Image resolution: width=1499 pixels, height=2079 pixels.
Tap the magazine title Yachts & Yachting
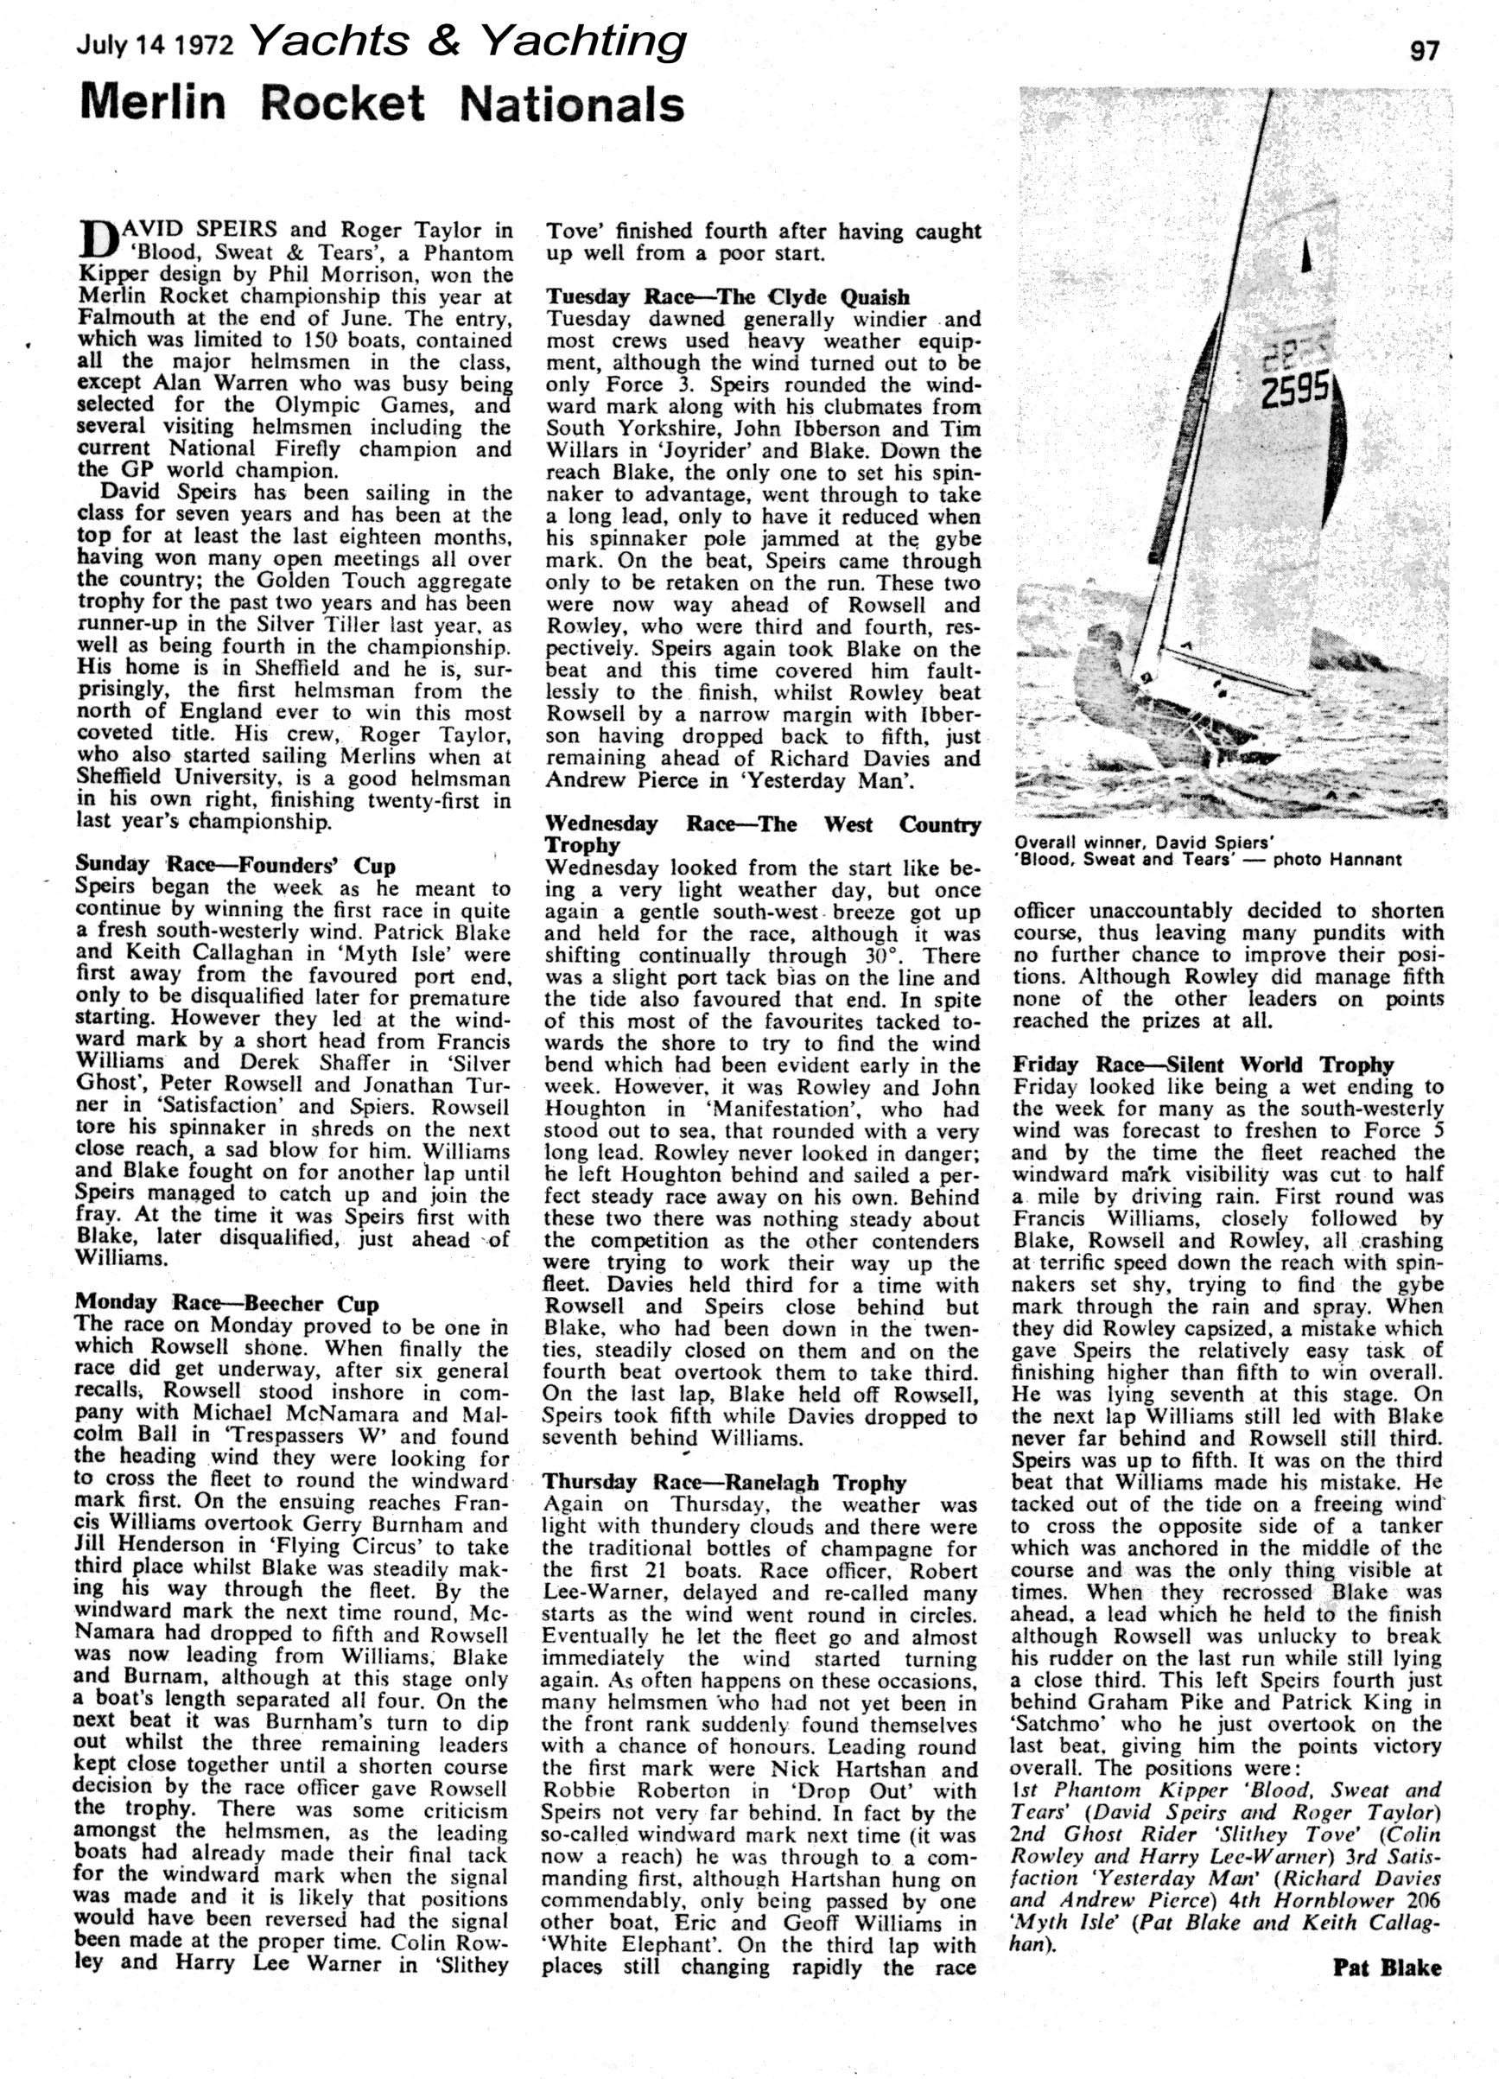pyautogui.click(x=467, y=42)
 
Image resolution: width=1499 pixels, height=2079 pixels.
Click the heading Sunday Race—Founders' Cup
pyautogui.click(x=236, y=864)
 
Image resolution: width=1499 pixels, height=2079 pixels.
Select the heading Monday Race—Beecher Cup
pyautogui.click(x=226, y=1302)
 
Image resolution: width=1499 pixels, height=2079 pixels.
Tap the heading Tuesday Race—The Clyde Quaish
pyautogui.click(x=728, y=297)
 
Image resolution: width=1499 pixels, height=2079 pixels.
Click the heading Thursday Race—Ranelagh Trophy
pyautogui.click(x=724, y=1482)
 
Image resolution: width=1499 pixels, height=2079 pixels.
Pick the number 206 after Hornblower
pyautogui.click(x=1414, y=1900)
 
